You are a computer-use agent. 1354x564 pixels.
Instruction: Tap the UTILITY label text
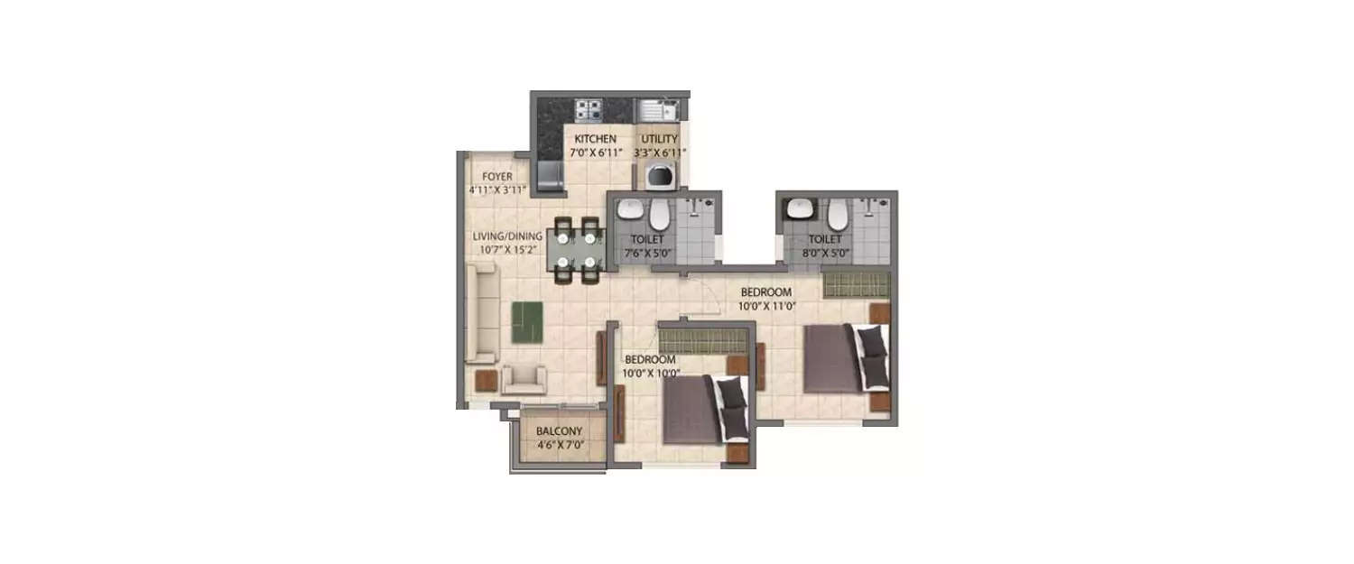pyautogui.click(x=659, y=139)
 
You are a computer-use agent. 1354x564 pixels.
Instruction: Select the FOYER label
pyautogui.click(x=497, y=176)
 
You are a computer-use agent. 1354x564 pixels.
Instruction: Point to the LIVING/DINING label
pyautogui.click(x=508, y=236)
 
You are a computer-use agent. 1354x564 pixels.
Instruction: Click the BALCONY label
pyautogui.click(x=559, y=431)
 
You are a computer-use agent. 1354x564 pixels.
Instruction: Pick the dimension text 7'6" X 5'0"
pyautogui.click(x=646, y=254)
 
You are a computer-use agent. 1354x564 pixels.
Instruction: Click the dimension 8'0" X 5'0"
pyautogui.click(x=825, y=254)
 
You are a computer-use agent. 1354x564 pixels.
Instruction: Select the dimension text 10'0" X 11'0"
pyautogui.click(x=766, y=306)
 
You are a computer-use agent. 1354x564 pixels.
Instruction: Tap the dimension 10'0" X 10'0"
pyautogui.click(x=652, y=372)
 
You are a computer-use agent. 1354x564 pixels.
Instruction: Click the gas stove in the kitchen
pyautogui.click(x=589, y=110)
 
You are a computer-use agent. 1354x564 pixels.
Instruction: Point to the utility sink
pyautogui.click(x=658, y=111)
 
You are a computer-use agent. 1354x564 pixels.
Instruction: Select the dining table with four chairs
pyautogui.click(x=576, y=252)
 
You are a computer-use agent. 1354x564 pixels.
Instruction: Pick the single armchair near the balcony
pyautogui.click(x=524, y=379)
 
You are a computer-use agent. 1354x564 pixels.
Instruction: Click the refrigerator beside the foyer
pyautogui.click(x=549, y=176)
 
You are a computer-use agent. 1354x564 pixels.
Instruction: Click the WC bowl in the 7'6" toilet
pyautogui.click(x=660, y=214)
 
